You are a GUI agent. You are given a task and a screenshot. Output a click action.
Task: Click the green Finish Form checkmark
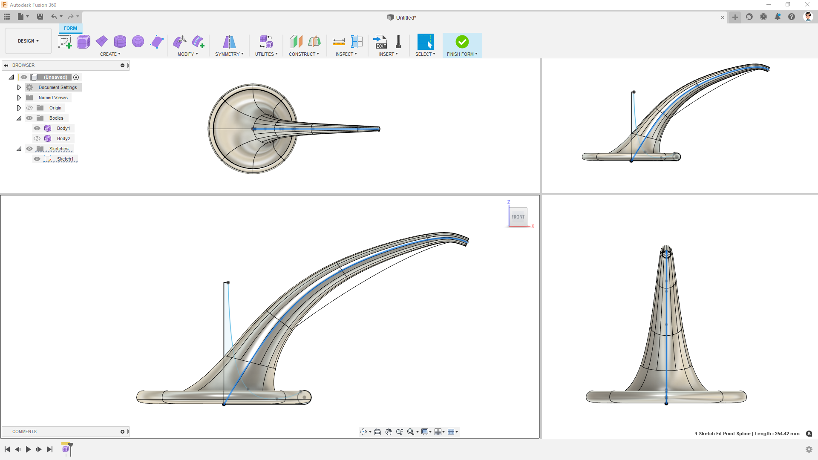click(462, 42)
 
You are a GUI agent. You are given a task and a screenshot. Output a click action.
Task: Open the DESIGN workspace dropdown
click(28, 41)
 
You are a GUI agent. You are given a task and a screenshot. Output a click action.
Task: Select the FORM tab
click(70, 28)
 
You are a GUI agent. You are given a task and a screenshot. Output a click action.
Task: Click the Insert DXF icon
click(380, 42)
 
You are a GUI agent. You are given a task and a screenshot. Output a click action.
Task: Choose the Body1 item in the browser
click(63, 128)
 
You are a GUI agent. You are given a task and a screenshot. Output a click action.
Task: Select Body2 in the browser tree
click(63, 138)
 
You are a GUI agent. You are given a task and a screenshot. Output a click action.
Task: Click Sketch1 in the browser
click(65, 159)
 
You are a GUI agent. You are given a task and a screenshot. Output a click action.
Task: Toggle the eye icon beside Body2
click(37, 138)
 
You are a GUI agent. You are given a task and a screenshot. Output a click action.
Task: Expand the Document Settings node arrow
click(19, 87)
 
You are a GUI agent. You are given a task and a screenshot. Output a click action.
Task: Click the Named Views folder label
click(53, 98)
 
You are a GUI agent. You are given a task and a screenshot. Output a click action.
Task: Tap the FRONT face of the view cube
click(518, 217)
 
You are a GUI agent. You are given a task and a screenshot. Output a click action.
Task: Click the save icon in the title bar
click(40, 17)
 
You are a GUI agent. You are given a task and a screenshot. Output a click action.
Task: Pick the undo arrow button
click(54, 17)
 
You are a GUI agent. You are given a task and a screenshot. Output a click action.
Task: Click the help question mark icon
click(792, 17)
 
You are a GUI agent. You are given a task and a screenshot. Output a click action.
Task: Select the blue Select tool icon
click(425, 42)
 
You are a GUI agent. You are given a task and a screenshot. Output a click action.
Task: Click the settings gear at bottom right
click(809, 449)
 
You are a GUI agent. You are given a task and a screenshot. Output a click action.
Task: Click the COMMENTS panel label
click(24, 431)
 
